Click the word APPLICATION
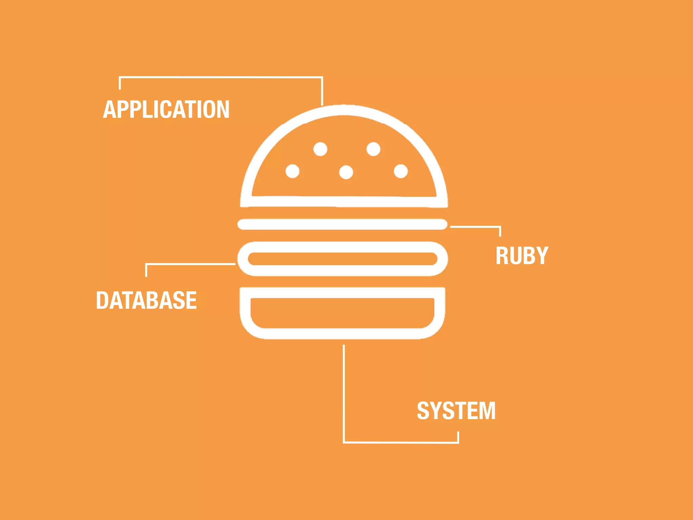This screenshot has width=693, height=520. click(166, 109)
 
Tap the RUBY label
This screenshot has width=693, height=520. click(521, 256)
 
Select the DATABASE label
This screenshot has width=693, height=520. click(146, 300)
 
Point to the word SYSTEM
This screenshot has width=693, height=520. click(456, 411)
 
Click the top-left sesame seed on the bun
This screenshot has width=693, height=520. click(320, 149)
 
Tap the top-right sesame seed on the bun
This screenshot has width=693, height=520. click(373, 149)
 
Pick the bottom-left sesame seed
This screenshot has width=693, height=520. click(292, 171)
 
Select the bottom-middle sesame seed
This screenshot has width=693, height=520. click(346, 172)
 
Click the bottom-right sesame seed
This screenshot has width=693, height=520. click(401, 171)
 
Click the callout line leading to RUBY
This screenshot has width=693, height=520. click(474, 227)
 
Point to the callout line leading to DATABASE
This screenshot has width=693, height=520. click(189, 264)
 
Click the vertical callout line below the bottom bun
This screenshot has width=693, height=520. click(344, 389)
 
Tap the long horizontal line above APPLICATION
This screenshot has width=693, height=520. click(220, 78)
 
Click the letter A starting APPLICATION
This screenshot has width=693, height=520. click(110, 109)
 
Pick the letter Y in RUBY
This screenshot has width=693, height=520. click(542, 256)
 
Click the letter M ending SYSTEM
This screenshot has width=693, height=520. click(488, 411)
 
